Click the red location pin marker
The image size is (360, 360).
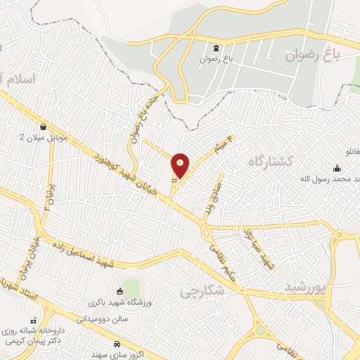[x=181, y=166]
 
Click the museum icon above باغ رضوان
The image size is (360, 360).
[x=216, y=49]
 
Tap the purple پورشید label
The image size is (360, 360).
[x=307, y=287]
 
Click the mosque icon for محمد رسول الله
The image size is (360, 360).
[x=337, y=169]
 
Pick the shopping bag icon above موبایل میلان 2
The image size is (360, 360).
[x=45, y=127]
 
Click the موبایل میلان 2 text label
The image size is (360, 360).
[x=44, y=137]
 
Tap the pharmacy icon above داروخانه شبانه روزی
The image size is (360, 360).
[x=34, y=320]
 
